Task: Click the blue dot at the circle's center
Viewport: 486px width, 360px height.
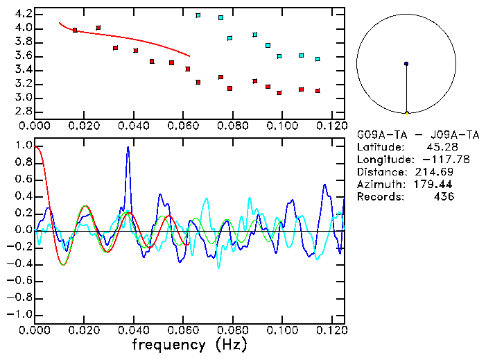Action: pos(406,64)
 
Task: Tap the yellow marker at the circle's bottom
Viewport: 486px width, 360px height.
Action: pos(406,112)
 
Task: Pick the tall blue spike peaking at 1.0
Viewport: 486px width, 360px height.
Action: pos(128,148)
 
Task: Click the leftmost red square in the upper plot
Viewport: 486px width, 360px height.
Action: pos(75,31)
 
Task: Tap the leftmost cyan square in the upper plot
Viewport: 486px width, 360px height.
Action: pos(198,15)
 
